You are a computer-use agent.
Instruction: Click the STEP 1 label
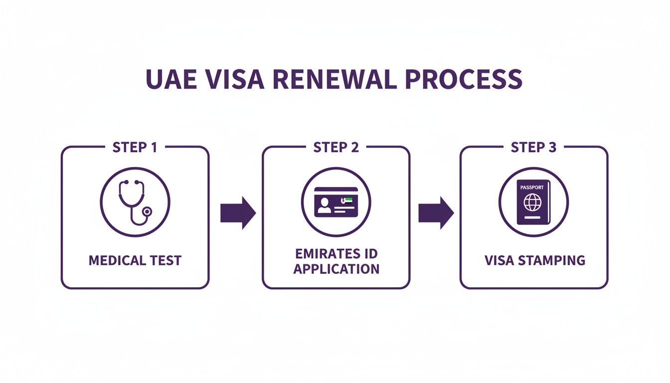point(135,148)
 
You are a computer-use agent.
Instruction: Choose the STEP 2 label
point(336,148)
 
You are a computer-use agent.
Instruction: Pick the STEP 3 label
point(534,148)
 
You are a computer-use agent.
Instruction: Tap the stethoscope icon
point(134,201)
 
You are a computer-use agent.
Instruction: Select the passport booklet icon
point(533,201)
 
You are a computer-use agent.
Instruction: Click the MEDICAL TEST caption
point(135,260)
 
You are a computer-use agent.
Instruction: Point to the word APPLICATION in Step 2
point(336,269)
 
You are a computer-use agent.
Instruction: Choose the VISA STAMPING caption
point(534,260)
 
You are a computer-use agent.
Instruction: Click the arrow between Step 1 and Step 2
point(237,213)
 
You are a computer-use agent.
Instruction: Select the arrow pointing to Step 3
point(436,213)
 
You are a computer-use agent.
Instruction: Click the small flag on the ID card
point(346,199)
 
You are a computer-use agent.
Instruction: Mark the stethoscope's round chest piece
point(147,212)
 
